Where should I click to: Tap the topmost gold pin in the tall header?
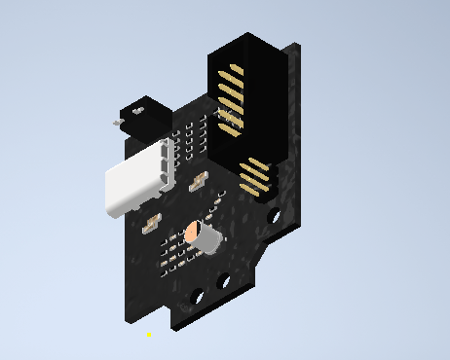tap(231, 71)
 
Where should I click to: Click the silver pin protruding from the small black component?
tap(116, 125)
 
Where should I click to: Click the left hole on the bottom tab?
tap(198, 294)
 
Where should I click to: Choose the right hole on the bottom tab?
tap(223, 282)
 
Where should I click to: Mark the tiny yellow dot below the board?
tap(149, 334)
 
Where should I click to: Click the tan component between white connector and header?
tap(200, 182)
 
